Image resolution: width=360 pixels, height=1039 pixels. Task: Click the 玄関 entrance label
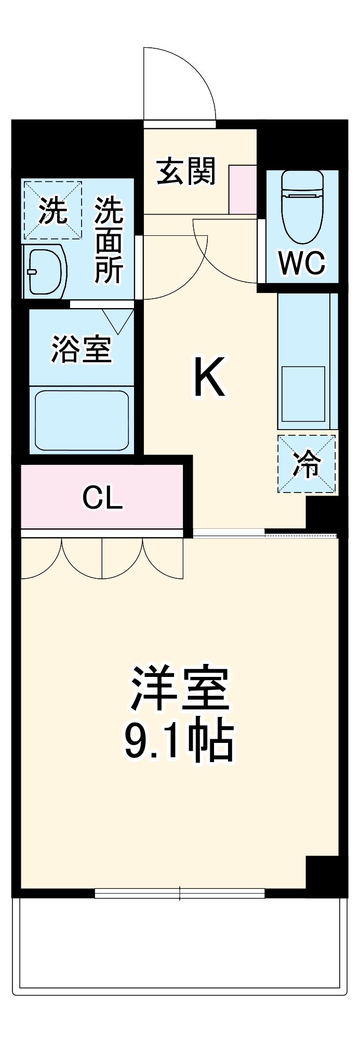coord(186,171)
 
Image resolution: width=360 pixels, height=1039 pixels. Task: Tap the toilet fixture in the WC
coord(302,207)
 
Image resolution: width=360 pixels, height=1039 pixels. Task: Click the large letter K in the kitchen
coord(209,377)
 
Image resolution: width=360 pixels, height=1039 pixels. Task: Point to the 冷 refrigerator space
coord(306,464)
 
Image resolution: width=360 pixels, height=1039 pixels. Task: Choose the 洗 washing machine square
coord(52,210)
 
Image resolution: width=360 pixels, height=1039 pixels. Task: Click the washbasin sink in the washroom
coord(46,272)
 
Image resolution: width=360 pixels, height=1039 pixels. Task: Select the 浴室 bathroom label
coord(82,349)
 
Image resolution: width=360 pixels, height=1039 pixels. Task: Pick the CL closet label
coord(102,498)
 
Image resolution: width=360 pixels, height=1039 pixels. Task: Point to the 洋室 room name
coord(180,688)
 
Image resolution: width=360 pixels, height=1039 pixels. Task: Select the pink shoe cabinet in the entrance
coord(243,189)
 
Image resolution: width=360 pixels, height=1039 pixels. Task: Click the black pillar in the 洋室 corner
coord(322,873)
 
